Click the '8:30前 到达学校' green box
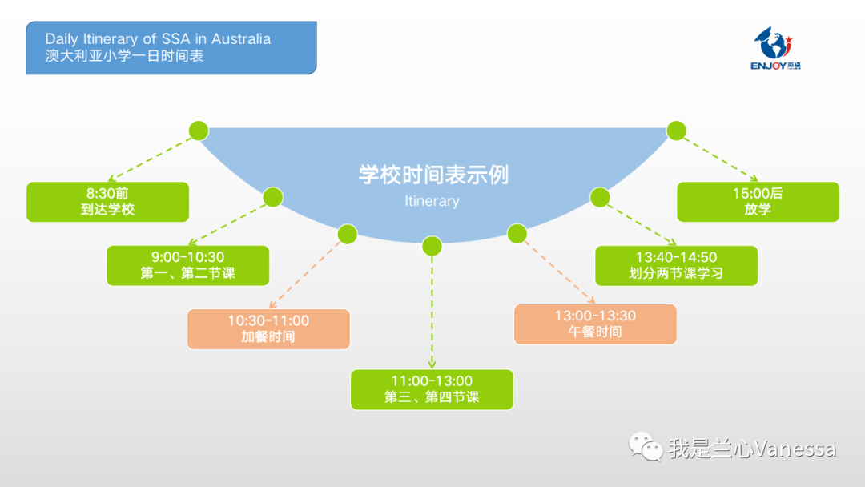(107, 202)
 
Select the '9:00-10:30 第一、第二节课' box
(187, 265)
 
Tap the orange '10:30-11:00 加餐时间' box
(268, 328)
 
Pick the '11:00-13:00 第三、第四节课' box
(432, 389)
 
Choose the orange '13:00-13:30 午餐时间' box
(595, 324)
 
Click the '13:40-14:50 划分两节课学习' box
(676, 265)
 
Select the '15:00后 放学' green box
(758, 202)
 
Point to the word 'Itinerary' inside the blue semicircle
(432, 201)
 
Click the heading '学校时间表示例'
(432, 175)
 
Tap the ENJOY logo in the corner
(775, 49)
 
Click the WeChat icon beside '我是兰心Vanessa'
(646, 447)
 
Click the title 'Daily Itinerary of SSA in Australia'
(158, 38)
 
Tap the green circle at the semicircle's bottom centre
(432, 246)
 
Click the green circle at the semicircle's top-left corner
(198, 131)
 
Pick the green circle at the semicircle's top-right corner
(677, 131)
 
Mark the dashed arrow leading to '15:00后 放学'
(719, 157)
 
